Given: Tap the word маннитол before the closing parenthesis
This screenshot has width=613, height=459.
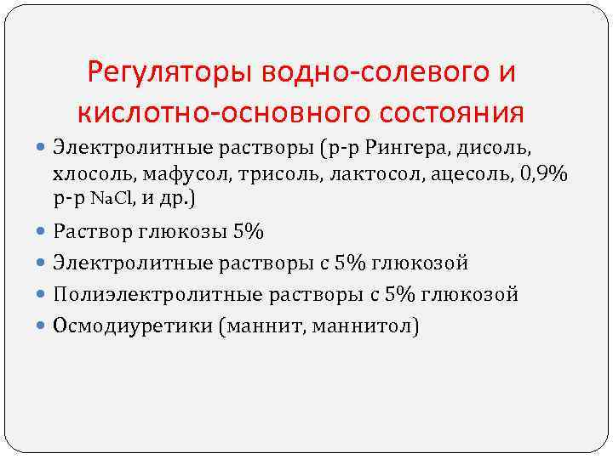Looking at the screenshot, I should coord(370,326).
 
